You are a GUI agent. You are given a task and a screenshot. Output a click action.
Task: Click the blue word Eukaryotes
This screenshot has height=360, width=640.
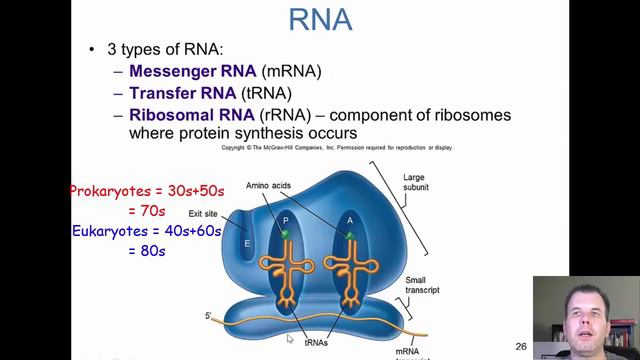tap(113, 231)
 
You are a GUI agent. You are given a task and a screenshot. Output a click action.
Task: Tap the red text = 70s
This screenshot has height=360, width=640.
tap(146, 211)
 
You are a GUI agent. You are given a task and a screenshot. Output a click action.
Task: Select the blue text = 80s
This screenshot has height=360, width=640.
tap(146, 251)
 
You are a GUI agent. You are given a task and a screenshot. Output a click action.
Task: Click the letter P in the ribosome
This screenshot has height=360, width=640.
tap(285, 221)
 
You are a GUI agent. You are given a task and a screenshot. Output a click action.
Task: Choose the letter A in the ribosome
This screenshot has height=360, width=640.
tap(349, 221)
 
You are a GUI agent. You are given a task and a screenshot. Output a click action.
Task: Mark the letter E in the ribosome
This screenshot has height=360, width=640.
tap(246, 243)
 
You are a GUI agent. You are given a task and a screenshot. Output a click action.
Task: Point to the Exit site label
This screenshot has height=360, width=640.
tap(203, 214)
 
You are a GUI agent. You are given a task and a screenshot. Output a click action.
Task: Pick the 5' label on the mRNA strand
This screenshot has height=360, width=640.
tap(208, 316)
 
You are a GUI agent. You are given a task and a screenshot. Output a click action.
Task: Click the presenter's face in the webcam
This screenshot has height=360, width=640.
tap(585, 316)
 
